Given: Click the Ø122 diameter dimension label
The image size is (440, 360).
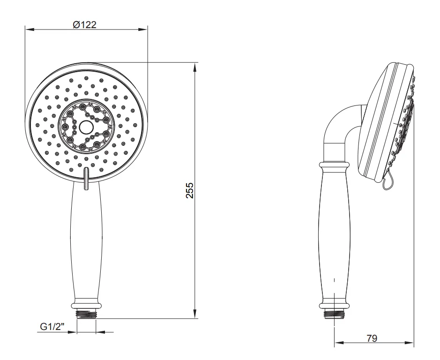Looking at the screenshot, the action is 84,25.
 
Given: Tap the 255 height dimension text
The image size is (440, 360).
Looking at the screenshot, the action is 190,190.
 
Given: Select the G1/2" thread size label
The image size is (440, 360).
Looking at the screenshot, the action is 52,327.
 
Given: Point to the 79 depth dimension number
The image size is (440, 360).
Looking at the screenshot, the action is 372,338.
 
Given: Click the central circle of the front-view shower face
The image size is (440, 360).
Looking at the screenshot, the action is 86,127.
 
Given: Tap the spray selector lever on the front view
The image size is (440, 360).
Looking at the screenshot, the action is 86,179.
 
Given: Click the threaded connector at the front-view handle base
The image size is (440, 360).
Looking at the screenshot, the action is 86,314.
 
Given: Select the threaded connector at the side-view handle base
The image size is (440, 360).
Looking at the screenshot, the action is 334,314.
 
